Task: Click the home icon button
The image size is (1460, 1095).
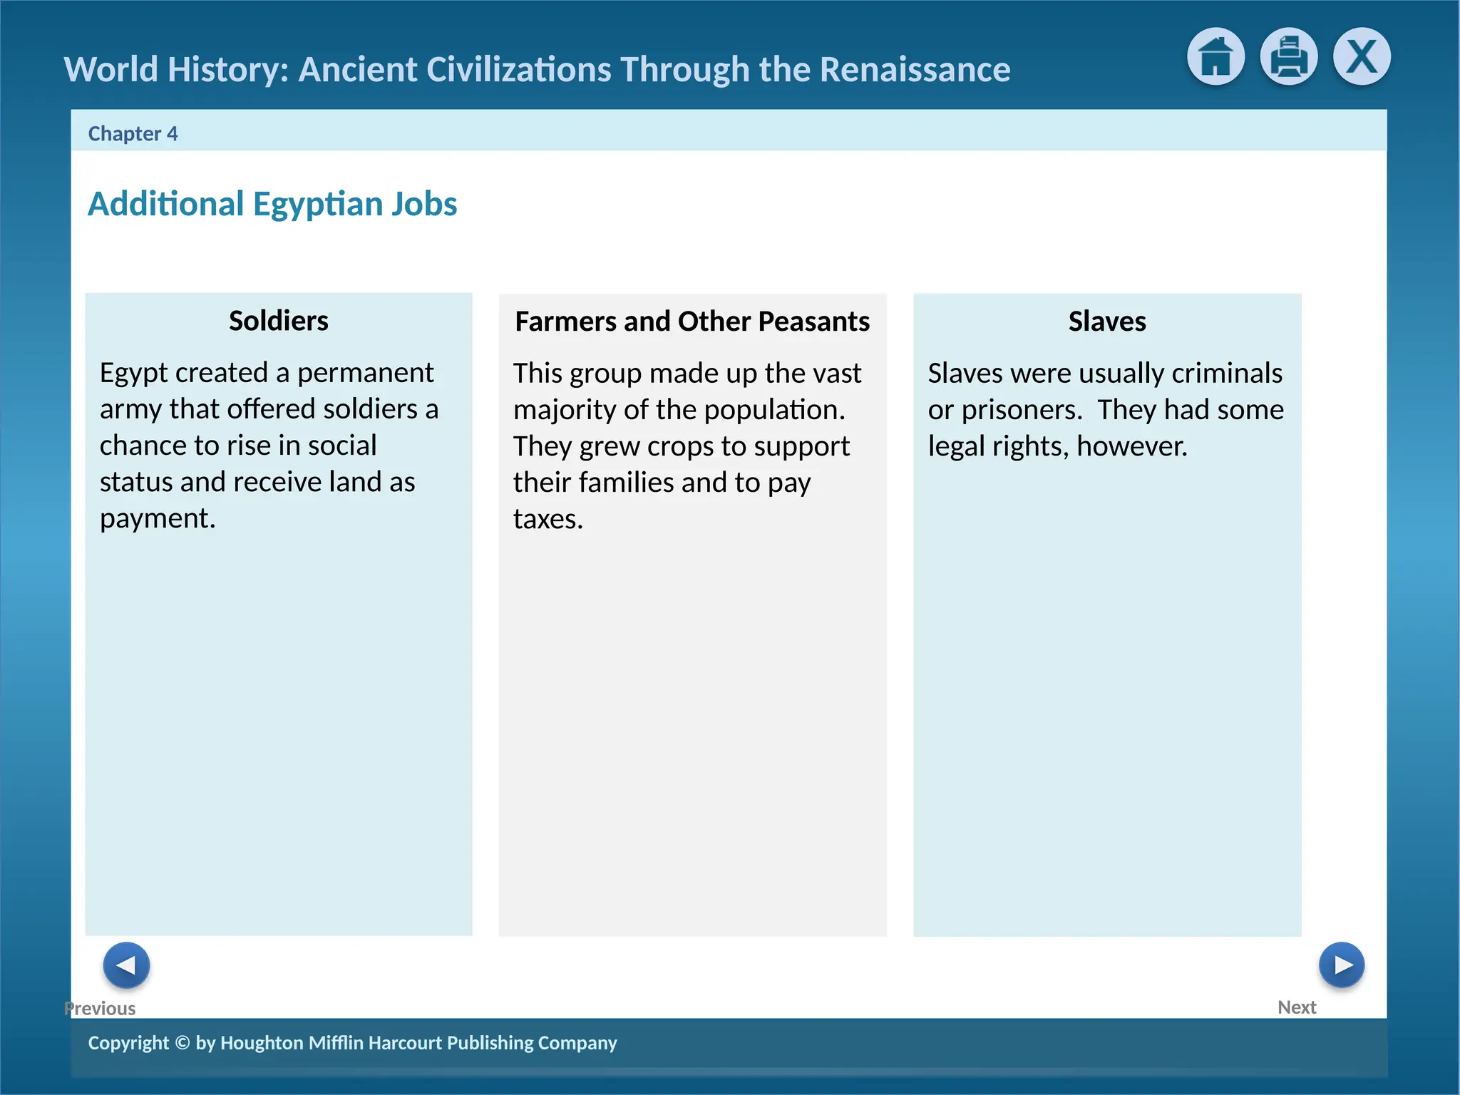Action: [x=1215, y=56]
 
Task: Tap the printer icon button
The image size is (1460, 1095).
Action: [x=1288, y=56]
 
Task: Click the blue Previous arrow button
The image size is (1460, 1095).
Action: [x=126, y=965]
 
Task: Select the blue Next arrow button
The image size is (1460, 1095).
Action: [x=1341, y=965]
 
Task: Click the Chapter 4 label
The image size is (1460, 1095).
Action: [x=133, y=134]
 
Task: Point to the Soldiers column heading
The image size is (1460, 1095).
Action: [x=278, y=321]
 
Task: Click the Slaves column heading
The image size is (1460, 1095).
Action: [x=1106, y=322]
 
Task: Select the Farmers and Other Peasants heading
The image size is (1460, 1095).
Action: [x=692, y=322]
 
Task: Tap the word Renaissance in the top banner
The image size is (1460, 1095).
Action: [x=915, y=70]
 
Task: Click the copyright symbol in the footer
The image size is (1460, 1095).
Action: [x=182, y=1043]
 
